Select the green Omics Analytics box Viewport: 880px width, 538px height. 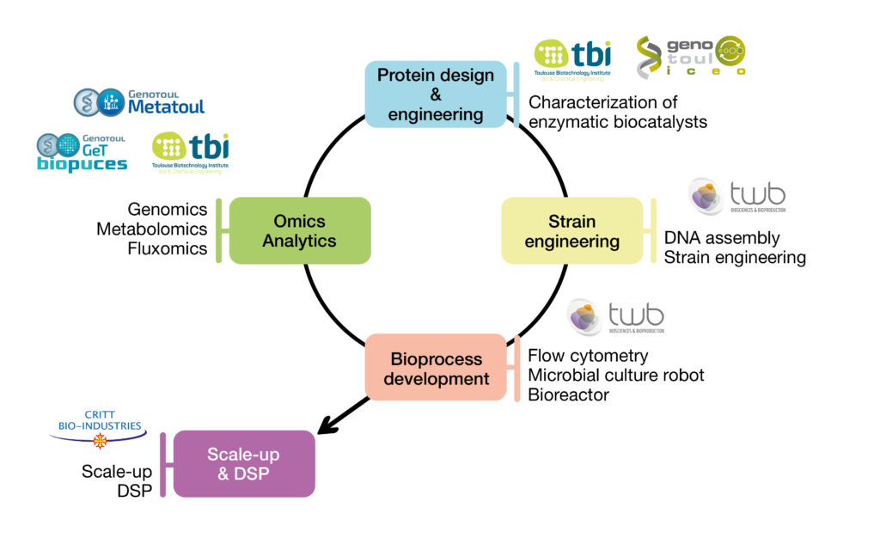299,230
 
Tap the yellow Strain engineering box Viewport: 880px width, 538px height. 571,230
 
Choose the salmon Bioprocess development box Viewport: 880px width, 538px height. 436,368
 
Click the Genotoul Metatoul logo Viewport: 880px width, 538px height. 139,101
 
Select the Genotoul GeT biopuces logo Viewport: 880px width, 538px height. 82,152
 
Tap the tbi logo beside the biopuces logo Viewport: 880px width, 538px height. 190,153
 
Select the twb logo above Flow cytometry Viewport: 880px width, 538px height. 615,317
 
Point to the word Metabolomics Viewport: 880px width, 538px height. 152,229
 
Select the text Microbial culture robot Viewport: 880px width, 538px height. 616,375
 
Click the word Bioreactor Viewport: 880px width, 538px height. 568,394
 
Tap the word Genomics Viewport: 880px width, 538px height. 168,209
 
